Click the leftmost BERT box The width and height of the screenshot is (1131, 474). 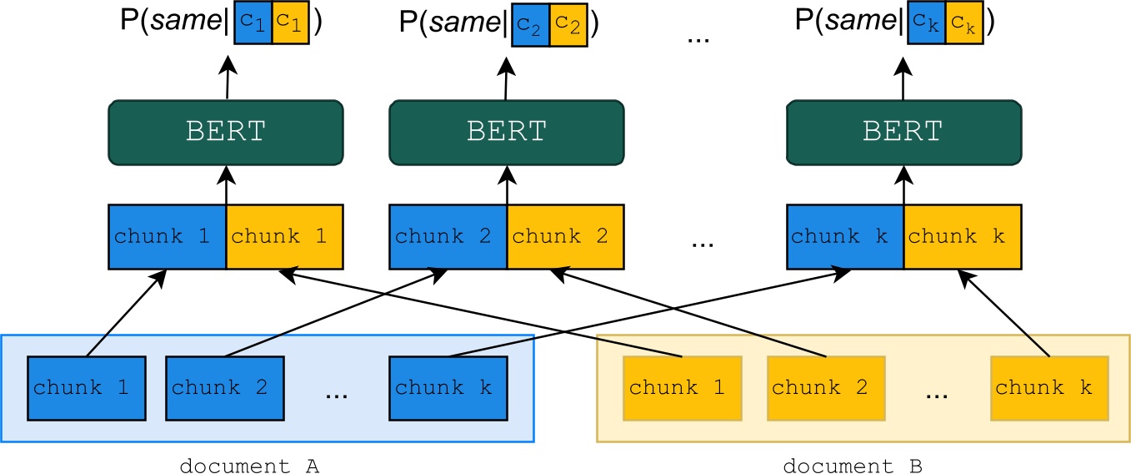(226, 132)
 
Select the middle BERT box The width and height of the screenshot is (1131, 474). (507, 132)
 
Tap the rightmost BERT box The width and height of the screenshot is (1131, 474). (903, 132)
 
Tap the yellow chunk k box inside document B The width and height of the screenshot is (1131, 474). (1049, 388)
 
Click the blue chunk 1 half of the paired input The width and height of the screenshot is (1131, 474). (168, 237)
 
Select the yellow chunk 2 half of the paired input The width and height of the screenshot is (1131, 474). (565, 237)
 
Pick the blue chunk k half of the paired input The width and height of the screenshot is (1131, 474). (845, 237)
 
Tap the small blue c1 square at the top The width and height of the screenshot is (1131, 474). (254, 23)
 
